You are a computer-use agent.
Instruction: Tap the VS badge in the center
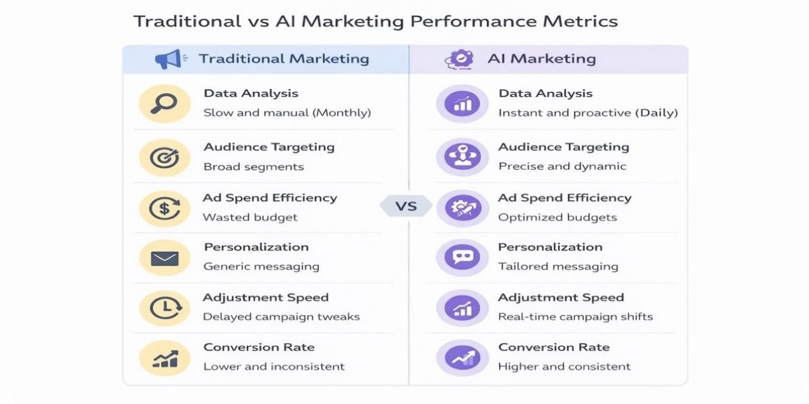click(x=406, y=206)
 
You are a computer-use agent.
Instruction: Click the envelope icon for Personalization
click(x=164, y=258)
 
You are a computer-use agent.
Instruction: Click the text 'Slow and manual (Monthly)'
click(x=287, y=113)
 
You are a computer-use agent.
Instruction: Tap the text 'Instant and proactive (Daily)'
click(x=588, y=113)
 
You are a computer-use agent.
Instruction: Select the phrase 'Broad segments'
click(x=253, y=166)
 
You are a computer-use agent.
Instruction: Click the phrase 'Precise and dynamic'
click(x=562, y=166)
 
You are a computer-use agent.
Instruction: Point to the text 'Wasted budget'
click(x=250, y=217)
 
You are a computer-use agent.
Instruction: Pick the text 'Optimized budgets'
click(x=558, y=217)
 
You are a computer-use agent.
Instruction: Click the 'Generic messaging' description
click(x=262, y=266)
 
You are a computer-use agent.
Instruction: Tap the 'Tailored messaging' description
click(x=558, y=266)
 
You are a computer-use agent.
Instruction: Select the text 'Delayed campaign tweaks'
click(x=282, y=316)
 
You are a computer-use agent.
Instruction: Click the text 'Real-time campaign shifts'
click(x=576, y=316)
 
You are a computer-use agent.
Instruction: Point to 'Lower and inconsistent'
click(x=274, y=367)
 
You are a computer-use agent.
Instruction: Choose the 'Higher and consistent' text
click(x=564, y=367)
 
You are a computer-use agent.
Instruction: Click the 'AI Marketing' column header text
click(x=542, y=59)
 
